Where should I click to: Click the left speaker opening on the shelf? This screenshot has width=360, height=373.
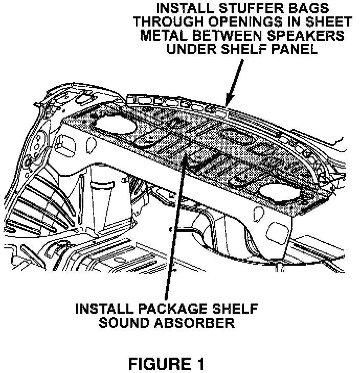tap(116, 123)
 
